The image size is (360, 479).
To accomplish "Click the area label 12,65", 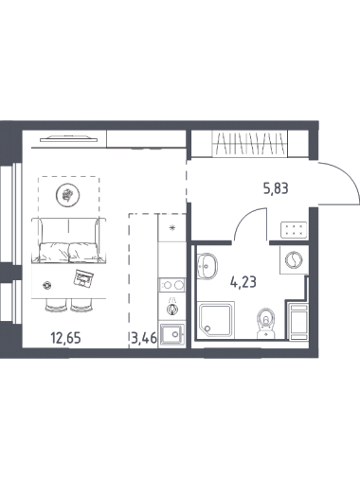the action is point(65,338).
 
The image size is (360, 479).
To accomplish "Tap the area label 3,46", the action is point(144,338).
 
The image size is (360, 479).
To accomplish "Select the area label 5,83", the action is point(276,189).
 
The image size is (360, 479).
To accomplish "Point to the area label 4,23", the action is point(243,282).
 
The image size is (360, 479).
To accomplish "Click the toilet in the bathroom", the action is point(266,323).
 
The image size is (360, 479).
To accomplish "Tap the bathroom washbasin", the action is point(207,266).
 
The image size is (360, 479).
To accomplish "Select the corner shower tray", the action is point(216,319).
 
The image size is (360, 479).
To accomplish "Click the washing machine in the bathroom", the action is point(294,259).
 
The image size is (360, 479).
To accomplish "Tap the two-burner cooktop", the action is point(171,285).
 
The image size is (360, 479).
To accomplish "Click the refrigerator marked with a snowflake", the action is point(172,227).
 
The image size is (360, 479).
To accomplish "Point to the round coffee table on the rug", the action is point(67,195).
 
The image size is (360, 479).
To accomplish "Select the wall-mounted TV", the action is point(68,138).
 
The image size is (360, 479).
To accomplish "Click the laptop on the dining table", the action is point(83,277).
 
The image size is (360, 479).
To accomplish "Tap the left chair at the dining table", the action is point(56,305).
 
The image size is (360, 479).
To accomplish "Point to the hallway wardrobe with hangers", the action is point(250,144).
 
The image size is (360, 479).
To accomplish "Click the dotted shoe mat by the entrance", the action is point(294,230).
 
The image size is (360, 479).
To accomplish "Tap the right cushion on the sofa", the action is point(83,252).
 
